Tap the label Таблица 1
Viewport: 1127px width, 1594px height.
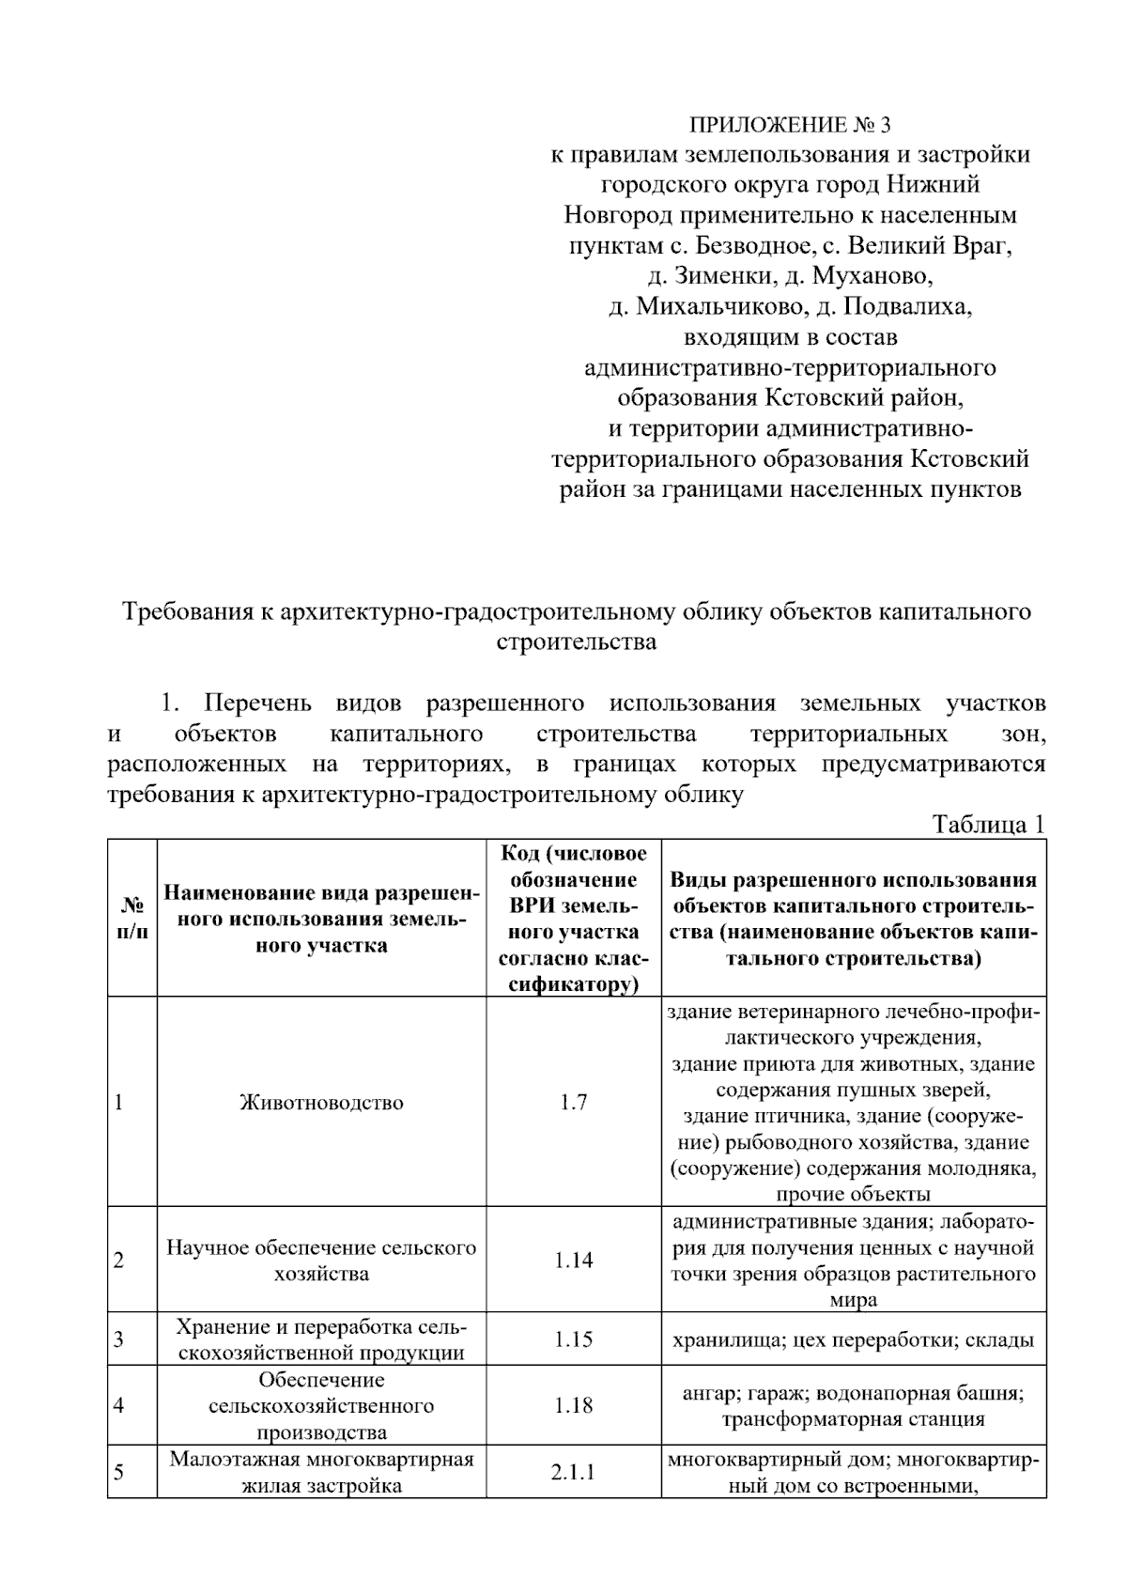[987, 825]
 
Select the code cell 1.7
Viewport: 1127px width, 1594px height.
[573, 1102]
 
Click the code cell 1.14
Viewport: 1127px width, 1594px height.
[573, 1260]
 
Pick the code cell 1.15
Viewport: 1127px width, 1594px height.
[573, 1339]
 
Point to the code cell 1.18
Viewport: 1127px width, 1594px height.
[573, 1405]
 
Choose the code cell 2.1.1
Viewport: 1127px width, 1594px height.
[573, 1471]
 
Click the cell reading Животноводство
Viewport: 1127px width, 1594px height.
[321, 1102]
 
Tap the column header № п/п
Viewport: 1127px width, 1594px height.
[131, 918]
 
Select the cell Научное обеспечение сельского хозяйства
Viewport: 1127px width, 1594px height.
[321, 1260]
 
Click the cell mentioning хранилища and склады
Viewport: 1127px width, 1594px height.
[853, 1339]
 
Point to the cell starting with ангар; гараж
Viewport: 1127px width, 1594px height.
[853, 1405]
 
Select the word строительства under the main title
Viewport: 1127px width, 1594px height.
[575, 642]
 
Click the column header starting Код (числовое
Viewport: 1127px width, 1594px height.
[573, 918]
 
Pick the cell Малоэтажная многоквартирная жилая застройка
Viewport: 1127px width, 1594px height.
[321, 1471]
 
